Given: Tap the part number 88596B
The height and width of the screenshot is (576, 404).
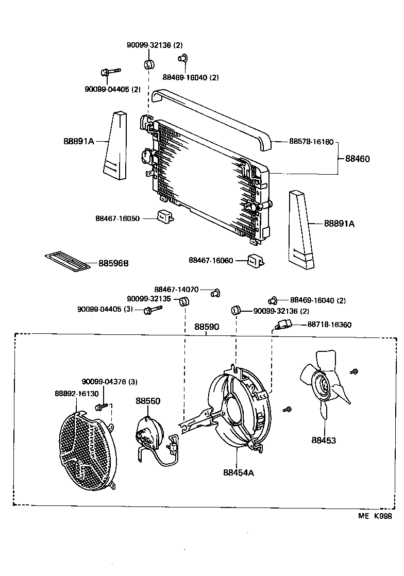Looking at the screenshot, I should [113, 263].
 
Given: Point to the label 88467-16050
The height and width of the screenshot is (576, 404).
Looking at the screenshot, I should [117, 218].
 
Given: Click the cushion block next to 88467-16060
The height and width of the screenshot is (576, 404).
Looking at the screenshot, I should [256, 261].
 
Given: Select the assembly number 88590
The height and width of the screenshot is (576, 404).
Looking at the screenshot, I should [207, 327].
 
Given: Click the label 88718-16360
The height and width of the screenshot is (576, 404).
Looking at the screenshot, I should [329, 325].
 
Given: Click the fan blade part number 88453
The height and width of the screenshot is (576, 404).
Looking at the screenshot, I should [323, 441].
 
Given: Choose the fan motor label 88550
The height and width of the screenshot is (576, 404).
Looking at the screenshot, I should [148, 400].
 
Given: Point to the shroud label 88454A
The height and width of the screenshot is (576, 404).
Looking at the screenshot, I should [239, 472].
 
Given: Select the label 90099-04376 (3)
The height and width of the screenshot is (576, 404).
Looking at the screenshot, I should [110, 382].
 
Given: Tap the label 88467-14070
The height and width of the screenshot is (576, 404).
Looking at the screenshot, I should [176, 290].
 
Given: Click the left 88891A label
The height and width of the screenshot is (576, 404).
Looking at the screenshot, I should [79, 140].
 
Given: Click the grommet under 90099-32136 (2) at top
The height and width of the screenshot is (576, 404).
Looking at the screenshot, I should [148, 65].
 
